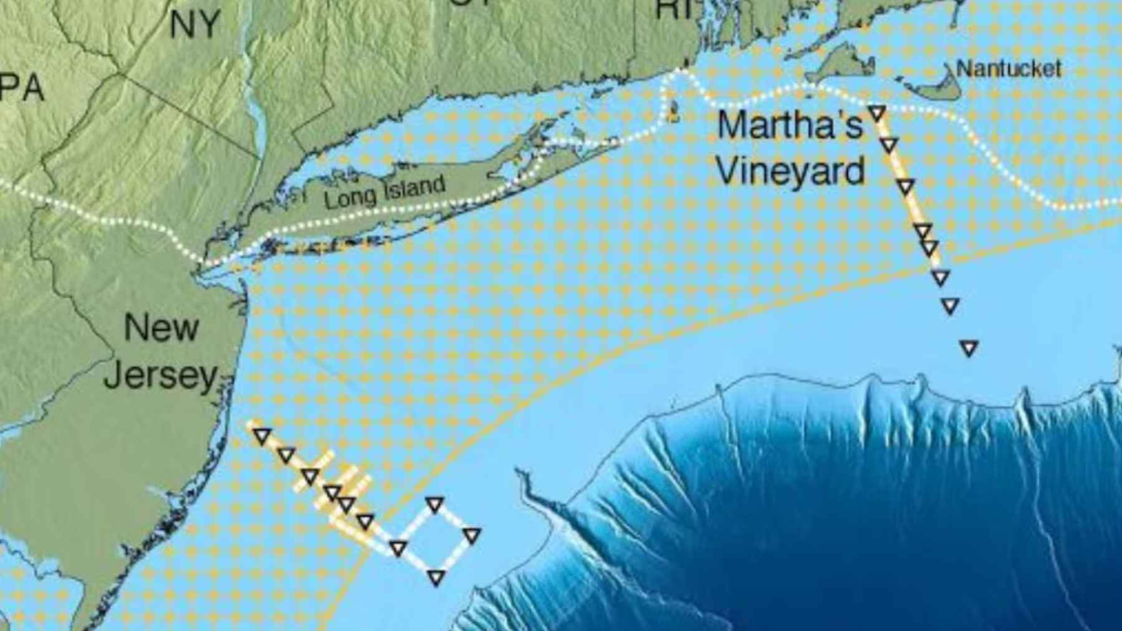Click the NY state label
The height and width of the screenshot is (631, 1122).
(195, 25)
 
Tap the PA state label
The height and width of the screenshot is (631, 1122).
(22, 87)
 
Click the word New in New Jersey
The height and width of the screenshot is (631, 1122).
(161, 327)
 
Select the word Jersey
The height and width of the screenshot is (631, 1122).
(161, 375)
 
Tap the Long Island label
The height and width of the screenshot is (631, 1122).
(385, 192)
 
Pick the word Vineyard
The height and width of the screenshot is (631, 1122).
(790, 169)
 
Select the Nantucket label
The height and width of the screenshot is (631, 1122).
(1008, 68)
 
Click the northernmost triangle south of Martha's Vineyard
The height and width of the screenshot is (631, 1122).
(877, 113)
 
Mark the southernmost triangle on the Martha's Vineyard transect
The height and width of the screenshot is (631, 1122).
(969, 348)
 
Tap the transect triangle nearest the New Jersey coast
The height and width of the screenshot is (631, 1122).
(262, 436)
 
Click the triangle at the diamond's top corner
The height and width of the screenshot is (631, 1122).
(434, 504)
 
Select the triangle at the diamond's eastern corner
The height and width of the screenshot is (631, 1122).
(472, 535)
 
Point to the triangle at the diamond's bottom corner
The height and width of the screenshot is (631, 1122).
(436, 578)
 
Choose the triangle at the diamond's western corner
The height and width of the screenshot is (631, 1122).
(398, 549)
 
